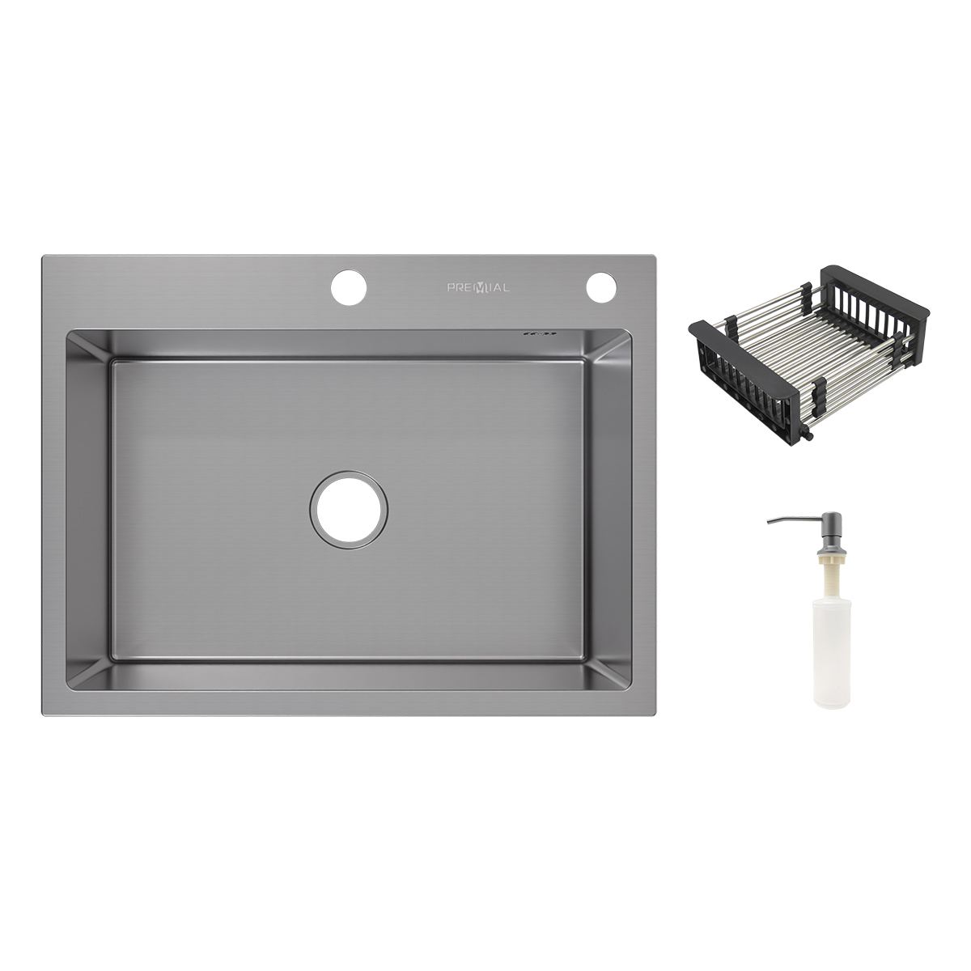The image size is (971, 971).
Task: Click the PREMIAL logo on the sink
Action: (478, 288)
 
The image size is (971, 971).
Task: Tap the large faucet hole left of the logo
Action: (349, 288)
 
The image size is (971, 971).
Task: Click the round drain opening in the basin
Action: (350, 510)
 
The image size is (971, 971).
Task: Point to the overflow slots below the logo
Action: (540, 333)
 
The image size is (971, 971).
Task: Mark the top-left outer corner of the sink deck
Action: (43, 256)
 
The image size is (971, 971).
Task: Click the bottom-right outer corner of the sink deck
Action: (657, 714)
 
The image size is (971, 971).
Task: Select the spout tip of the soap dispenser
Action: (768, 522)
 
